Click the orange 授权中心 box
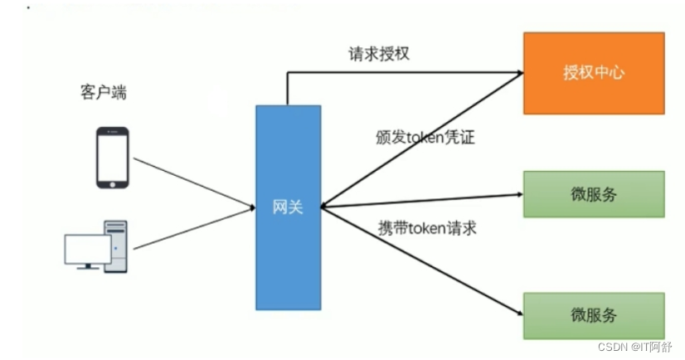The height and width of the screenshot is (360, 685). click(593, 72)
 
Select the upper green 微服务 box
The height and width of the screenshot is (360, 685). click(593, 194)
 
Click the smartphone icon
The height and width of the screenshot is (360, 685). click(112, 158)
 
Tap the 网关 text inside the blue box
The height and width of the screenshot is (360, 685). click(288, 207)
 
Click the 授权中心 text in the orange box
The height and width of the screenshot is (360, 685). click(593, 72)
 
